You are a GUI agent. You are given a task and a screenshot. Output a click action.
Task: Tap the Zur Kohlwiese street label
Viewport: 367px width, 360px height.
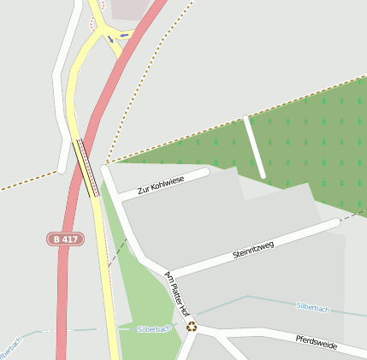161,183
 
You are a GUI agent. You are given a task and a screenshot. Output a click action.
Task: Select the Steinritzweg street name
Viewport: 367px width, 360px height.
253,250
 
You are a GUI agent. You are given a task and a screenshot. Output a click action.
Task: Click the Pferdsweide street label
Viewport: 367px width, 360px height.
317,344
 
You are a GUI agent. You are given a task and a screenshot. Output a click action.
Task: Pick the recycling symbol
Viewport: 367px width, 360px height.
192,325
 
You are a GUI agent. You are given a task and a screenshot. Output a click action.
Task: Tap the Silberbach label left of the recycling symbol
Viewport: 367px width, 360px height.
154,328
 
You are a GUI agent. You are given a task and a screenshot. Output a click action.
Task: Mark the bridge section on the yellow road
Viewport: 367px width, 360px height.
88,168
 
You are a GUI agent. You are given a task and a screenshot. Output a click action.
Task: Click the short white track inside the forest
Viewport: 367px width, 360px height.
255,147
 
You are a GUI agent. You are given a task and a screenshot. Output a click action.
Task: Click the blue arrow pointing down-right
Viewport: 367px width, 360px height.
110,40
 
